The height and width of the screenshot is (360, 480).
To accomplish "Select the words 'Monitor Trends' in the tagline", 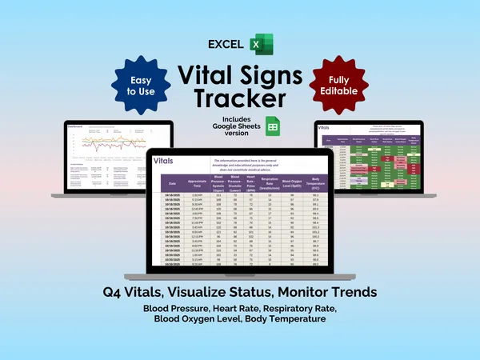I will coord(328,293).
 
